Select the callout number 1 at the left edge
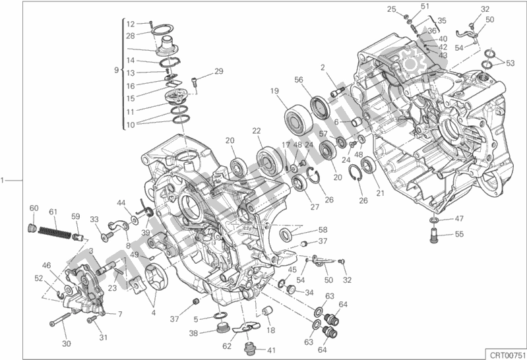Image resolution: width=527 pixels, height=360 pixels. (5, 179)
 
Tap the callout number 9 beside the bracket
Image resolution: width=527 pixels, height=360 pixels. (116, 69)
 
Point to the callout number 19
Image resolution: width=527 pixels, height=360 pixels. (273, 91)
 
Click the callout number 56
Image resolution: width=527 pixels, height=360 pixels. (299, 79)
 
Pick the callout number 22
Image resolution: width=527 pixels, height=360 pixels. (257, 131)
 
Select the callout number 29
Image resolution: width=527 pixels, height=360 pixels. (218, 71)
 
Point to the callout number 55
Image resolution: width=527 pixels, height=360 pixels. (459, 234)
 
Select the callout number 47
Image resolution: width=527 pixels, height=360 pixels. (459, 218)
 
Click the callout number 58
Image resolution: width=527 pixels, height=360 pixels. (323, 229)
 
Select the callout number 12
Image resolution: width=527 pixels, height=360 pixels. (131, 24)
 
